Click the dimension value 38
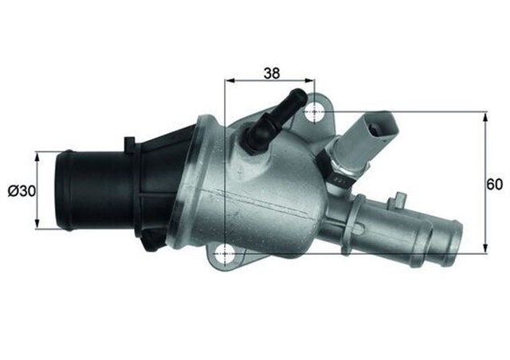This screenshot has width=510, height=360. [272, 72]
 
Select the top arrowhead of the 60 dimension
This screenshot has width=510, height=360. [485, 116]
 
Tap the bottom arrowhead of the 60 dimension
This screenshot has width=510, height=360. [485, 248]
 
